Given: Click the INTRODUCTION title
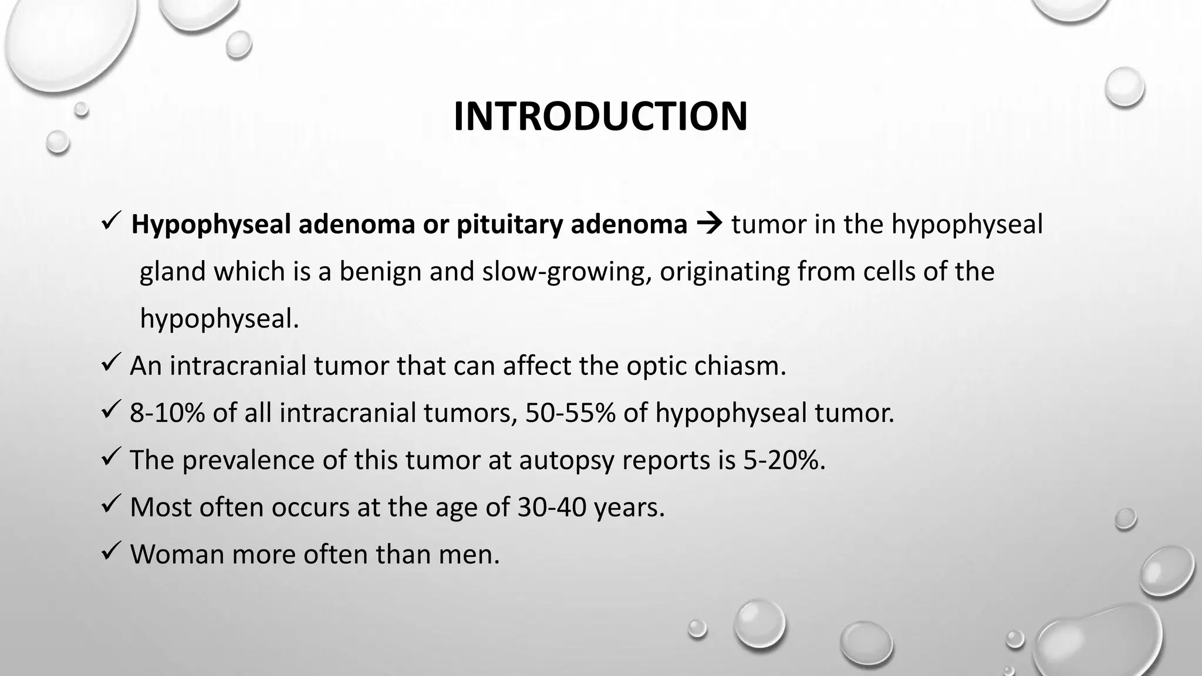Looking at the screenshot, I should (600, 116).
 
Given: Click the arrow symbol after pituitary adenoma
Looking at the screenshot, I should (709, 225).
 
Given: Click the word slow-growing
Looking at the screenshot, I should (566, 272).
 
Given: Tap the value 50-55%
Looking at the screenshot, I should (570, 413).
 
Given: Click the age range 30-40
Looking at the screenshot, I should (552, 507).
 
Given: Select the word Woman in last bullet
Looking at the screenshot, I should (177, 554).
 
